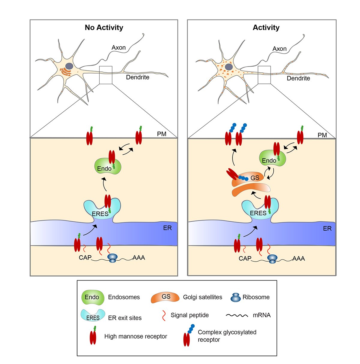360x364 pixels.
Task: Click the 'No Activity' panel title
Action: pos(104,28)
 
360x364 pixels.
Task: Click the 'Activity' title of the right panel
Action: pos(266,28)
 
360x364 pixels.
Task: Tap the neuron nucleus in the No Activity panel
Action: pos(69,66)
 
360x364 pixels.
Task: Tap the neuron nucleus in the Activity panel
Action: pos(229,67)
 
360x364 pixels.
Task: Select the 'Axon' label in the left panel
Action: pos(118,47)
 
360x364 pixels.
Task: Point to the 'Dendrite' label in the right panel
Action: pos(298,78)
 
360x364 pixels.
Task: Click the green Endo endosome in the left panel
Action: pos(107,166)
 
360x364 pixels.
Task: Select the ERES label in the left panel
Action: pos(100,214)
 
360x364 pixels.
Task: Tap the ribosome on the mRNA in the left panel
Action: pos(112,258)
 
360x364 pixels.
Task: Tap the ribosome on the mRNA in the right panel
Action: pos(272,259)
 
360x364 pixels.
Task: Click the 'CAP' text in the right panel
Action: pos(245,258)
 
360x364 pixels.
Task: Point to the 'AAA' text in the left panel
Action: pos(139,258)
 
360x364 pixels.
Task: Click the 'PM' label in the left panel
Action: pos(162,134)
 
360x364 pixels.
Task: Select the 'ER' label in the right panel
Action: pos(327,229)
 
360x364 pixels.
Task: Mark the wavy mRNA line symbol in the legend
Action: pos(237,315)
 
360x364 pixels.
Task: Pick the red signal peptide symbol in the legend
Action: pos(164,316)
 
